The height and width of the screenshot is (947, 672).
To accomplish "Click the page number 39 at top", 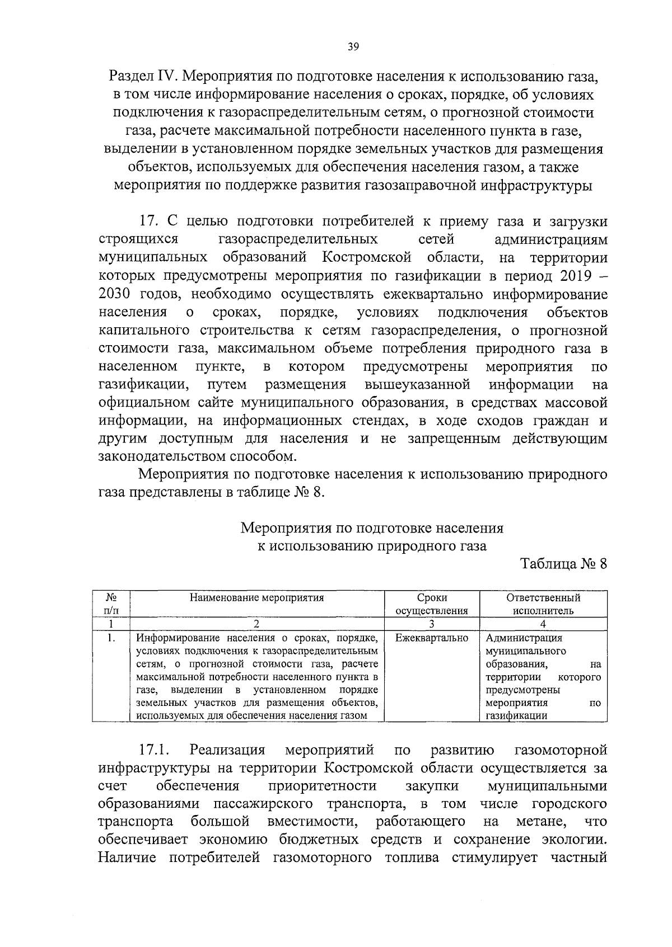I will point(353,47).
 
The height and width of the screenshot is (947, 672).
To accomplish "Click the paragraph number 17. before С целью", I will point(151,222).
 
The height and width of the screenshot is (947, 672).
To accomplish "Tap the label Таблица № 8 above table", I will point(564,564).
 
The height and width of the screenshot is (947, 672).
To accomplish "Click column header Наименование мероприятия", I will point(257,597).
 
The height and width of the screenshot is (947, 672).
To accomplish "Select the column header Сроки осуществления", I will point(432,604).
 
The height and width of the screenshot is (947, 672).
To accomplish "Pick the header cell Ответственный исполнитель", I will point(543,604).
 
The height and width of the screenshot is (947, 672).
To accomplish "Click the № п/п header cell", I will point(111,604).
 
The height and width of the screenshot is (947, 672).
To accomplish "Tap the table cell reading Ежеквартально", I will point(432,638).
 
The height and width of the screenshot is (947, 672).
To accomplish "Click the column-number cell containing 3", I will point(432,624).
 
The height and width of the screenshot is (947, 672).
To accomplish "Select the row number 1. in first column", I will point(111,638).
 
